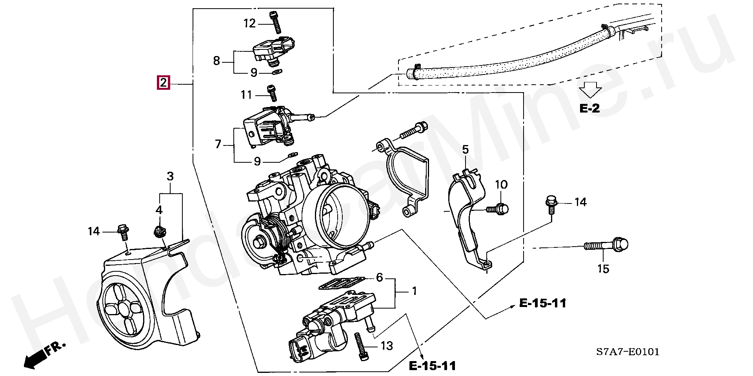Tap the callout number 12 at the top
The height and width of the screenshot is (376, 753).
pos(249,23)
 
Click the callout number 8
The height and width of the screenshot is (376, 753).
pos(216,61)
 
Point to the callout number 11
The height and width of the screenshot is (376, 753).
pos(246,95)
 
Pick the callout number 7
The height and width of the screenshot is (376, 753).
pos(218,144)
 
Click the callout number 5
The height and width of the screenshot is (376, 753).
pos(465,149)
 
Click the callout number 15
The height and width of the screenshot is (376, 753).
pos(604,269)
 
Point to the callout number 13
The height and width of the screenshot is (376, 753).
pos(387,345)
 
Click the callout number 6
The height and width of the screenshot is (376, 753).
pos(379,278)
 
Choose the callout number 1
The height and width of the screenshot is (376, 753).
pos(414,291)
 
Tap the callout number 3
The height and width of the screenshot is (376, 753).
pos(170,176)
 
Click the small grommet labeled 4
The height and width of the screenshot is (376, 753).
pos(158,232)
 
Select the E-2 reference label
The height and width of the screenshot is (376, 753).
pos(590,108)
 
